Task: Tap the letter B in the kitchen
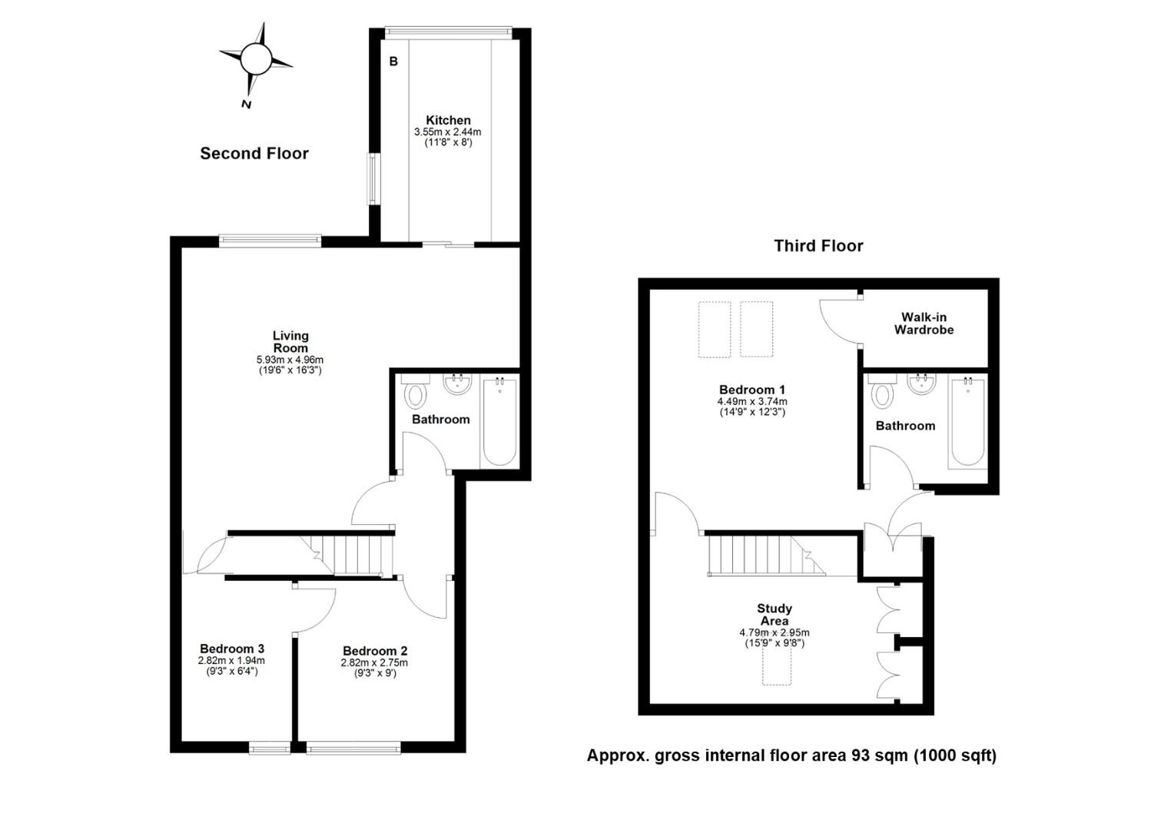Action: (x=393, y=61)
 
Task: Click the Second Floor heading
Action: (x=254, y=153)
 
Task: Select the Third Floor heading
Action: (x=818, y=245)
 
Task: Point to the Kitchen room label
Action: (x=448, y=120)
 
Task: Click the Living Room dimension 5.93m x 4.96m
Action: (x=290, y=360)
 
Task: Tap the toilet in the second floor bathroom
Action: (x=416, y=391)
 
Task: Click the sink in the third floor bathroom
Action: (x=922, y=383)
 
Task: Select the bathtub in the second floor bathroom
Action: (x=500, y=421)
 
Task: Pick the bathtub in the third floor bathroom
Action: (x=967, y=422)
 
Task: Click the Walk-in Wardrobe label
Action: (x=924, y=324)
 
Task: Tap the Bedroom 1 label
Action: (x=752, y=390)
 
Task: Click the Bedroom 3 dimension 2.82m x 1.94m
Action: (x=231, y=661)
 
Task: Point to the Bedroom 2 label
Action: (x=375, y=651)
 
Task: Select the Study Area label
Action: (x=774, y=615)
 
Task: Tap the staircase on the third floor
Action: (x=766, y=556)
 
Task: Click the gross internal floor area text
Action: (x=791, y=755)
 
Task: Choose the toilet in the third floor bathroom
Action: (x=882, y=391)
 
